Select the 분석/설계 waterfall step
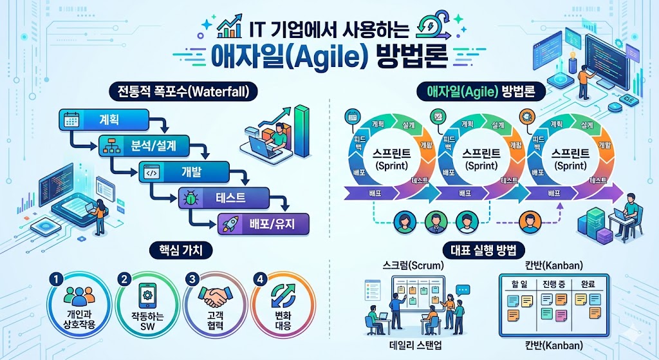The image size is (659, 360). tap(144, 146)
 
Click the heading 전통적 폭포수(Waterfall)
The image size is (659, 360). tap(184, 91)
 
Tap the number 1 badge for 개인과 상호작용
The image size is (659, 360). tap(57, 279)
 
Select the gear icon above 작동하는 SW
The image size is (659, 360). tap(144, 296)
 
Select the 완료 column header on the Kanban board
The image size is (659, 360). tap(589, 283)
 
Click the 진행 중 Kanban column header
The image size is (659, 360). tap(553, 283)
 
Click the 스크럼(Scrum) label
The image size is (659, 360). tap(409, 265)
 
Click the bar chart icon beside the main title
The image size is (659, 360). tap(229, 28)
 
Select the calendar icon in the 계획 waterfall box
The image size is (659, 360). tap(70, 119)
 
